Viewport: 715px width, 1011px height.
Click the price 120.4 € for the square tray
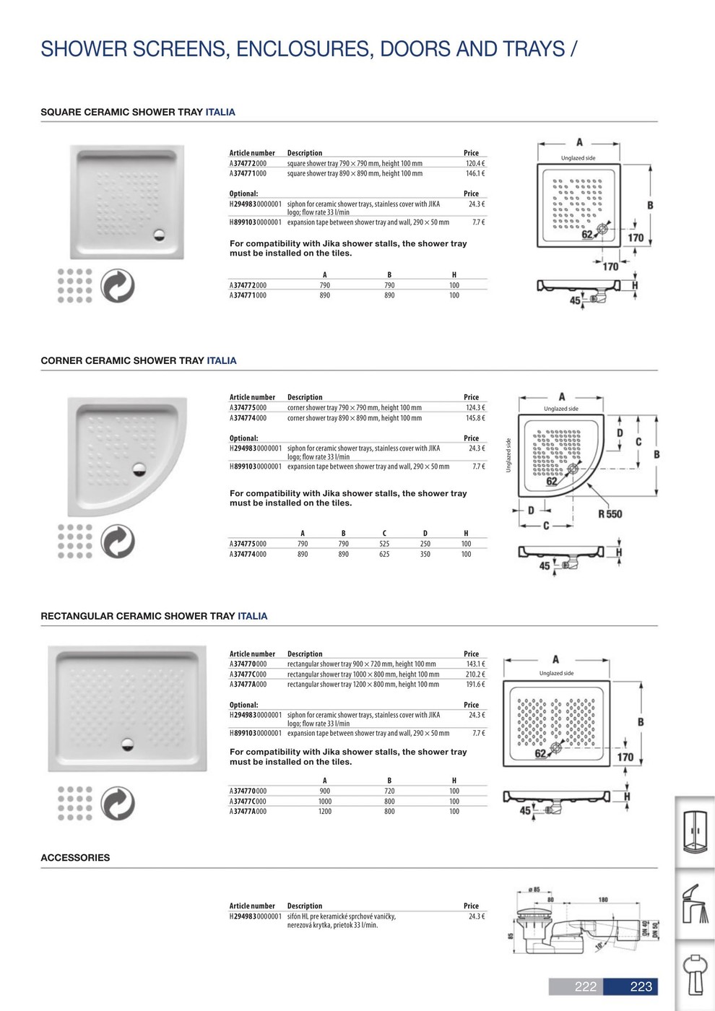474,163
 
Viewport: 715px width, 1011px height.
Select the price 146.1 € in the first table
474,173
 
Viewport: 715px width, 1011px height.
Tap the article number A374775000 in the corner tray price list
248,408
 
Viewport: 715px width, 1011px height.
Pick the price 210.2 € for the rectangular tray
475,674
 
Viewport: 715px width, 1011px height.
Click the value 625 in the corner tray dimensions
384,554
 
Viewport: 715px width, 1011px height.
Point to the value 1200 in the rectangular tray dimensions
325,812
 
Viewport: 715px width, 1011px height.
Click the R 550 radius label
610,514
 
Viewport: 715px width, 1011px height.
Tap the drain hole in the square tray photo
160,233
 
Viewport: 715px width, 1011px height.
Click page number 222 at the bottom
585,987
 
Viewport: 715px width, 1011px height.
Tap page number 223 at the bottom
641,987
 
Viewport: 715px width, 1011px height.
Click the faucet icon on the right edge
695,903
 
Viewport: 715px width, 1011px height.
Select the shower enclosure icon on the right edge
695,831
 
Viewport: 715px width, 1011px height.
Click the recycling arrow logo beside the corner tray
117,542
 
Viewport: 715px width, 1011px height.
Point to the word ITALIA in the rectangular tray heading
252,616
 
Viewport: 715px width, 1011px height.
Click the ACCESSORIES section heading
75,858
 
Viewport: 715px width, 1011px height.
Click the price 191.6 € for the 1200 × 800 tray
475,685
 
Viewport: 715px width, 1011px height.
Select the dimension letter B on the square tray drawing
650,206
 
